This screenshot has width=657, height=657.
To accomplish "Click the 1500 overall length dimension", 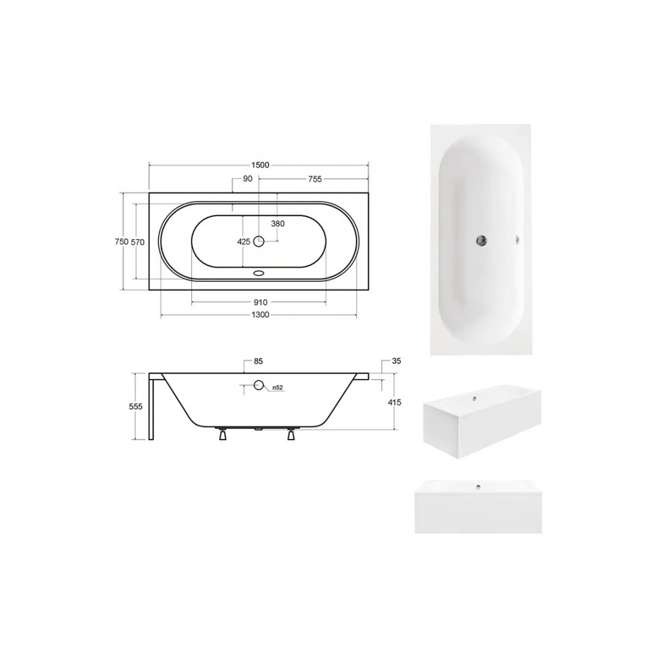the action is [260, 165].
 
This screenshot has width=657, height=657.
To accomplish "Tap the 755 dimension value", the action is [315, 179].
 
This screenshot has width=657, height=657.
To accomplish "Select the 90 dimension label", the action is [248, 179].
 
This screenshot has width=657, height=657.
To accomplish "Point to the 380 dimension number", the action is [278, 224].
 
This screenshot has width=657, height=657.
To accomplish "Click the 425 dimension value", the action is [244, 242].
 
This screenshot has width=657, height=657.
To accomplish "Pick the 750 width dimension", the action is [122, 242].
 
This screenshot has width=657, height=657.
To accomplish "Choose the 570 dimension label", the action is [137, 242].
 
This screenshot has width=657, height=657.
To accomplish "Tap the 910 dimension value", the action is [260, 302].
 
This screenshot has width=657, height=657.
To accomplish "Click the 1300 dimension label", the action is [260, 315].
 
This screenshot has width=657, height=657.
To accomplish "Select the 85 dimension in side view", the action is [258, 361].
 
